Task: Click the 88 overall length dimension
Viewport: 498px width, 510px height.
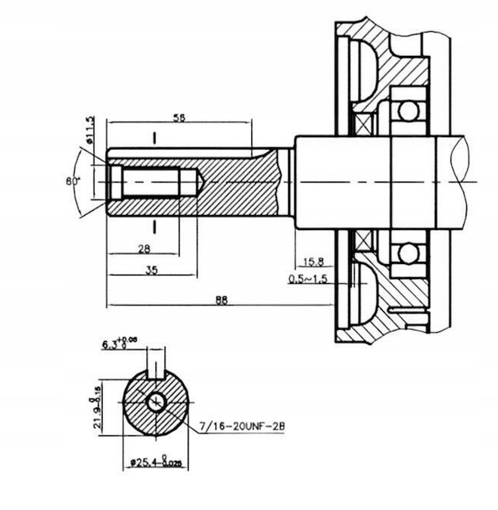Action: (222, 300)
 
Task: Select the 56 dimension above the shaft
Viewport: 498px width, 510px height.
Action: (180, 117)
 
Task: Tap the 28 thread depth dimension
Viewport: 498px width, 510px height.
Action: (143, 249)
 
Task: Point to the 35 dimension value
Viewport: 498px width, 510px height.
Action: (152, 270)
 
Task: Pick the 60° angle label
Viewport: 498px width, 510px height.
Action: (73, 181)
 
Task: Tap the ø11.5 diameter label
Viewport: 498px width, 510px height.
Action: (90, 129)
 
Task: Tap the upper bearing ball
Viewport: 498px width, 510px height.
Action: (409, 113)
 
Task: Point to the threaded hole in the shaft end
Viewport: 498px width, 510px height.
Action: (148, 182)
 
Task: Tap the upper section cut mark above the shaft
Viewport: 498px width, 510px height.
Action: (154, 139)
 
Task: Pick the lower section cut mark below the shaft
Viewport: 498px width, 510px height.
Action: (154, 227)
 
